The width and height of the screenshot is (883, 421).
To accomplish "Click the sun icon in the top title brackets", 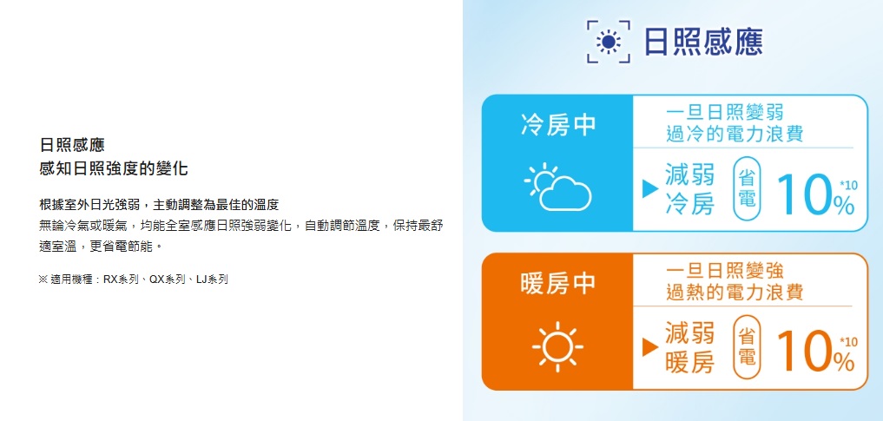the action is (608, 43).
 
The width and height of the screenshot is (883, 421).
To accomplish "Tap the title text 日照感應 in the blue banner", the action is (703, 43).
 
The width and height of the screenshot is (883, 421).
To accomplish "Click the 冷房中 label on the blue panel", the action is (558, 124).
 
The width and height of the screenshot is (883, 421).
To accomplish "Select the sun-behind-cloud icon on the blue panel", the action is (557, 187).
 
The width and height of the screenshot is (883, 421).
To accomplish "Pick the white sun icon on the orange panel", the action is (557, 346).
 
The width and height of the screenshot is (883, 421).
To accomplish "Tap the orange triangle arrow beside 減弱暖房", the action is (650, 348).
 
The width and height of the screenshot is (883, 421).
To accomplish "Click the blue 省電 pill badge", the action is (747, 189).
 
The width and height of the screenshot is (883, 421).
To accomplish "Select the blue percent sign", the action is (845, 206).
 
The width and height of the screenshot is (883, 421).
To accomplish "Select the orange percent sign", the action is (845, 365).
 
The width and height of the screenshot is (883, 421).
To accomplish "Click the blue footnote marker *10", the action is (847, 185).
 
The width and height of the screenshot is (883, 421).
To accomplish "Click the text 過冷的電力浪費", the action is (735, 134).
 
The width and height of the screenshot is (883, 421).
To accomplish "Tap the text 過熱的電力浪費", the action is (735, 293).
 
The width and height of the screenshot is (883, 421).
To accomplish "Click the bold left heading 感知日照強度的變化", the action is (114, 168).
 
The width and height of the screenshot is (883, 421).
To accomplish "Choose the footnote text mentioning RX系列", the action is (134, 280).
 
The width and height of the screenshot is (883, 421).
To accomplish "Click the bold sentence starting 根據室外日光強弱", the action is (160, 204).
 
